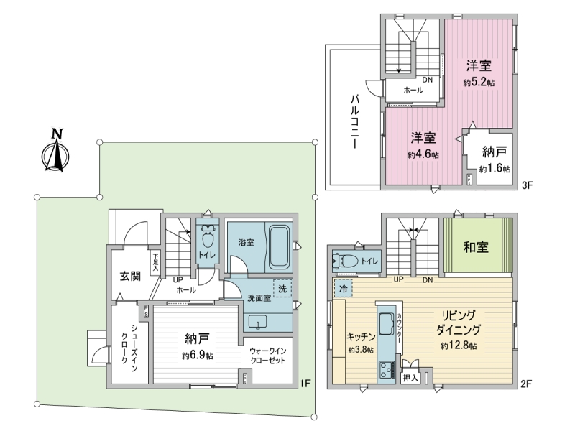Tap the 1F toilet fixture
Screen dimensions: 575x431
coord(208,236)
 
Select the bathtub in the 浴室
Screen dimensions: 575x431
coord(280,246)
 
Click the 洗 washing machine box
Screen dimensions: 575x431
coord(282,288)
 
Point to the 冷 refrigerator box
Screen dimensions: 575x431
coord(344,288)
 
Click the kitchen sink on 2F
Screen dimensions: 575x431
coord(386,323)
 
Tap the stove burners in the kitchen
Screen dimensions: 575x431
coord(387,370)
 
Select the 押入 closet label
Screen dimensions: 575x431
coord(410,378)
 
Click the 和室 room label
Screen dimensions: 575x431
coord(476,247)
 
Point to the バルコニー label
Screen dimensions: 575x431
coord(354,121)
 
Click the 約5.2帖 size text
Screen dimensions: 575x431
coord(479,82)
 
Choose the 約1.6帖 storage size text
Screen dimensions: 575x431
coord(494,169)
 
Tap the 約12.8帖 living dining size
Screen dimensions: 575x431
coord(459,346)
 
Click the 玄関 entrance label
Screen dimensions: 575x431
coord(130,276)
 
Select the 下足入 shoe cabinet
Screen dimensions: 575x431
coord(156,261)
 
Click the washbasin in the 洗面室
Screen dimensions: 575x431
coord(259,322)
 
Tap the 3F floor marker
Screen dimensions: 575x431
coord(527,185)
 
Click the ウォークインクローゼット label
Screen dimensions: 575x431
coord(267,356)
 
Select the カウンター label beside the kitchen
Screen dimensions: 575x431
coord(399,328)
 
